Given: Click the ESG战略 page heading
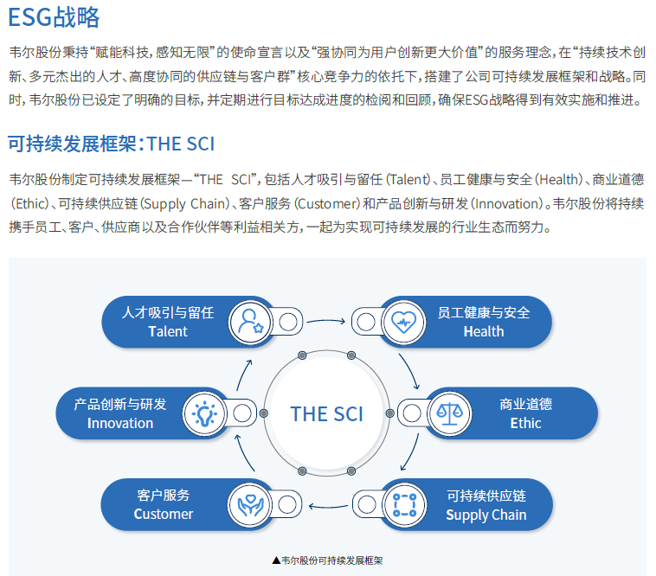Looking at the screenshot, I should point(55,16).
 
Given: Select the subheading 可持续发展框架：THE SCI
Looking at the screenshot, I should point(112,143).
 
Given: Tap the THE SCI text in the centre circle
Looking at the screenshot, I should point(327,413).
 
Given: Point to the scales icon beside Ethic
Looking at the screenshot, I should point(448,413).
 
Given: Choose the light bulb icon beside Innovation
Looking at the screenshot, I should point(203,413).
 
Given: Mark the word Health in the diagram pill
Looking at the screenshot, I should point(484,332).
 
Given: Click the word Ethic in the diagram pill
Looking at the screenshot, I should point(525,423).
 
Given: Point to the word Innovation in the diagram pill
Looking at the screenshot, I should point(120,423).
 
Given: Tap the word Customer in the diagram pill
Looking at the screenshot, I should point(164,515).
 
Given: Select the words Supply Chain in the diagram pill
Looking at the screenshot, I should point(486,515).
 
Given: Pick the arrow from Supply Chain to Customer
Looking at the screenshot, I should point(326,505).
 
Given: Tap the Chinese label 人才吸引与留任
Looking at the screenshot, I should point(168,312).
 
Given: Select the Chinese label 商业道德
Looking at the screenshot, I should point(525,404).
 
